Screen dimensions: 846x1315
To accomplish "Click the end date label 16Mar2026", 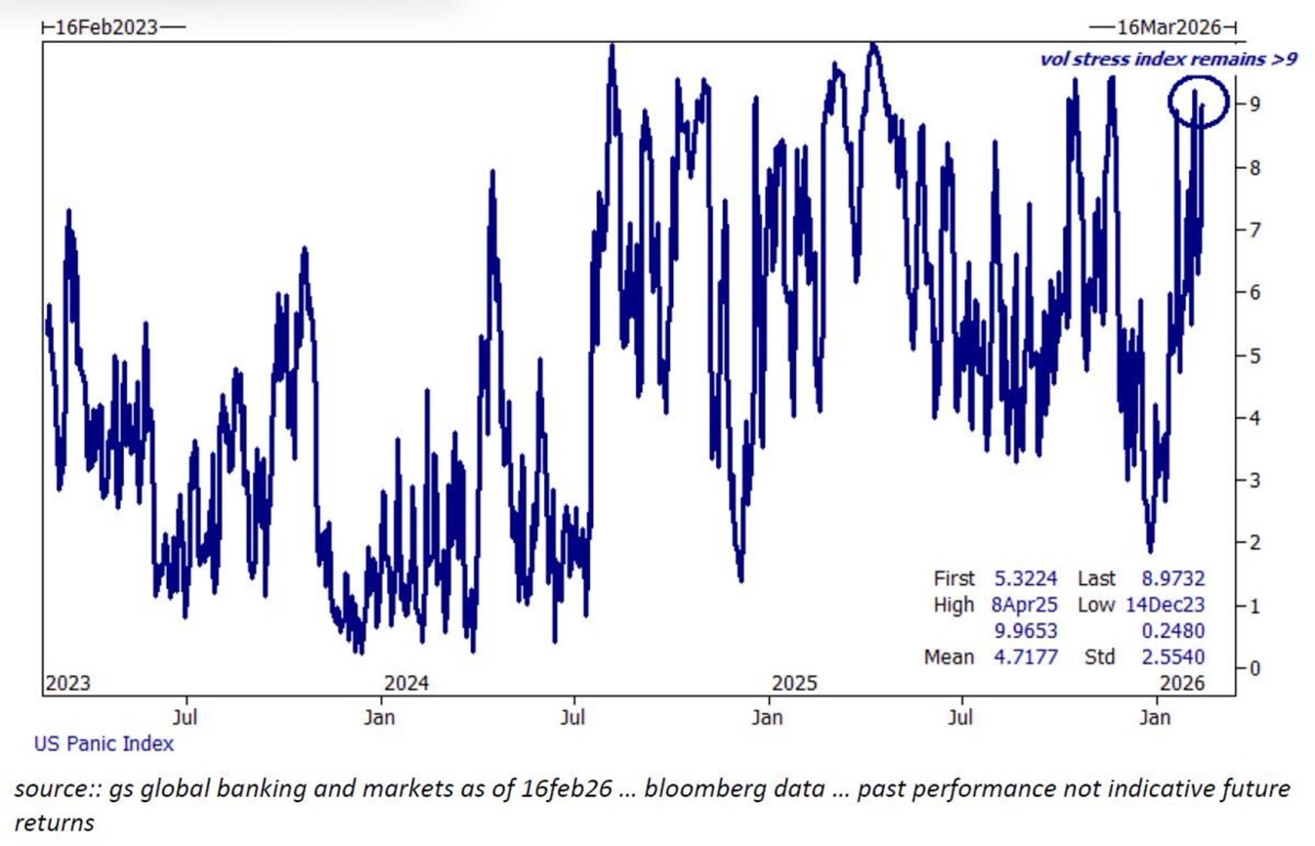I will [x=1168, y=27].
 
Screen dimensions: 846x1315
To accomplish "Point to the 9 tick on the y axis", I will [x=1254, y=103].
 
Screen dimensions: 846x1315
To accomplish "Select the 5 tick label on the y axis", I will [x=1254, y=356].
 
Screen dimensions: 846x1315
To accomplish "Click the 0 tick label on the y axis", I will [x=1254, y=669].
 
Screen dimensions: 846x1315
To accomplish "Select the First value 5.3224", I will [x=1025, y=578].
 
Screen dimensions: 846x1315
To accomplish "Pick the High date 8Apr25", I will [x=1024, y=604].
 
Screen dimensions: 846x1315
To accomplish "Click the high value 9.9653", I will [x=1025, y=631].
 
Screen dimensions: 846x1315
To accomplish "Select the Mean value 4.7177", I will [x=1025, y=657].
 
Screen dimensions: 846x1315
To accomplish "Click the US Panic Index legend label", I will [x=103, y=744].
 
